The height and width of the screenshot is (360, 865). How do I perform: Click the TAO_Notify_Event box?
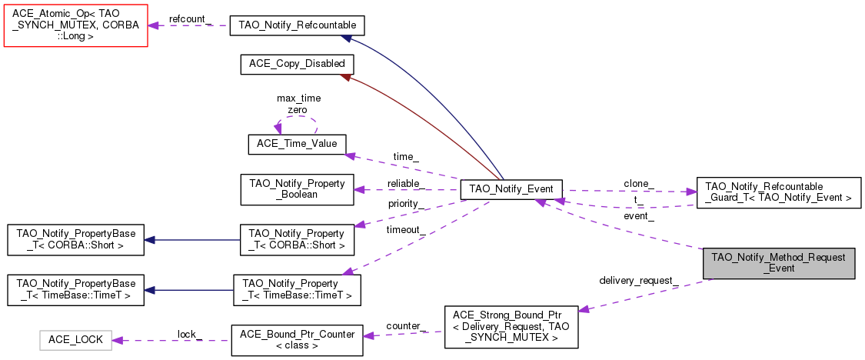click(x=511, y=189)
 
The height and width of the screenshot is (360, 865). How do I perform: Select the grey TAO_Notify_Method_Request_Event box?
click(x=778, y=263)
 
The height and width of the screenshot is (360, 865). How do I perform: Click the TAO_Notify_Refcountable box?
click(x=297, y=25)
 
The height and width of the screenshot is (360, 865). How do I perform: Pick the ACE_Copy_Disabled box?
click(x=297, y=64)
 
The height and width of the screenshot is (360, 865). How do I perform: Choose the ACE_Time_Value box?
click(x=297, y=144)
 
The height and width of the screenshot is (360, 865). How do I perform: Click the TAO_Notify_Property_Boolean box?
click(x=297, y=189)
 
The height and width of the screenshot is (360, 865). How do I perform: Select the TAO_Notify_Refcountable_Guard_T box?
click(x=778, y=192)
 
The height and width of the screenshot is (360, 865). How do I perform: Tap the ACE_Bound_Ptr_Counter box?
click(x=297, y=340)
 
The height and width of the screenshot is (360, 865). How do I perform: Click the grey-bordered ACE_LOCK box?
click(x=75, y=340)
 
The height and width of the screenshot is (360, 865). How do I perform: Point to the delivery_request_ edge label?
click(x=638, y=279)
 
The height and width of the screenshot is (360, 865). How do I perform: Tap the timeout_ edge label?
click(x=404, y=230)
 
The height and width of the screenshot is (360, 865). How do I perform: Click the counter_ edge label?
click(x=405, y=326)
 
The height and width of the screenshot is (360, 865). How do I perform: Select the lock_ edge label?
click(x=189, y=333)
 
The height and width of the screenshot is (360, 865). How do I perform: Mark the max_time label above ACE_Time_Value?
click(x=298, y=98)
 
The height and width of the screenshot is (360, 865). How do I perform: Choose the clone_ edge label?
click(x=639, y=184)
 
